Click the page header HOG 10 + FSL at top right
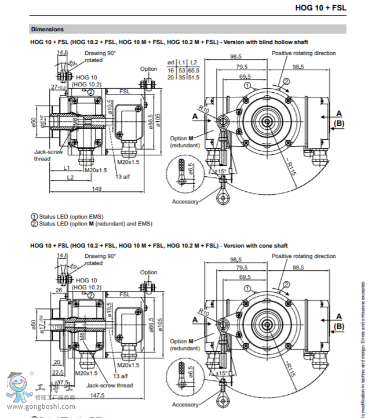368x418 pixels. pyautogui.click(x=320, y=8)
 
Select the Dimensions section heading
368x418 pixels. pyautogui.click(x=48, y=29)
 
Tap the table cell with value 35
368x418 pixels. pyautogui.click(x=181, y=77)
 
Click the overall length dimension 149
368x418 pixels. pyautogui.click(x=97, y=189)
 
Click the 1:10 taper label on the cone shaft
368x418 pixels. pyautogui.click(x=57, y=327)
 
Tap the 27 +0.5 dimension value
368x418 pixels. pyautogui.click(x=57, y=86)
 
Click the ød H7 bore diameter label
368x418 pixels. pyautogui.click(x=42, y=122)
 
